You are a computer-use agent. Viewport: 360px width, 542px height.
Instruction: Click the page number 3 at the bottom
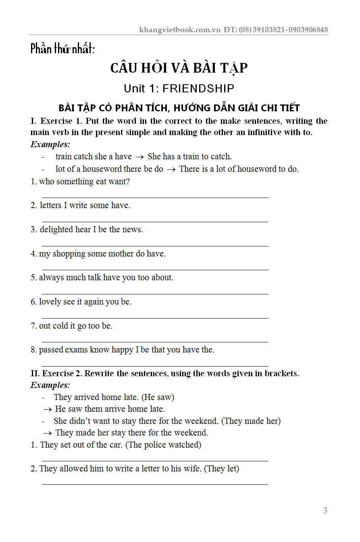click(325, 511)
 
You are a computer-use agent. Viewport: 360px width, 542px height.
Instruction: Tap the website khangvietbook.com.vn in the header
click(180, 29)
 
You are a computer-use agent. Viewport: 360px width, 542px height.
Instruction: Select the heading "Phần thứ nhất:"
click(62, 49)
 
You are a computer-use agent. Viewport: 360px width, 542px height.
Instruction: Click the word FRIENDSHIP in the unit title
click(198, 88)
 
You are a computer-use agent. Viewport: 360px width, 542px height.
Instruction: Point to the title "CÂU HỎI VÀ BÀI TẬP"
click(179, 68)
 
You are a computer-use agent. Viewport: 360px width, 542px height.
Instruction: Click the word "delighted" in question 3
click(56, 229)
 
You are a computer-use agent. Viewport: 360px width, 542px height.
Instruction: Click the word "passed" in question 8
click(51, 350)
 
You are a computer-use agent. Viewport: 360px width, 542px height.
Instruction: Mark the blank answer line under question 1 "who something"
click(155, 198)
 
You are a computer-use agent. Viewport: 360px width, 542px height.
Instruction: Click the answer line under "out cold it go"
click(155, 342)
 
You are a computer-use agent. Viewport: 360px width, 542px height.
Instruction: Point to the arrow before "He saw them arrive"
click(48, 409)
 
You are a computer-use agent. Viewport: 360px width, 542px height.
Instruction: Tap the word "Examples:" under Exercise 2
click(50, 385)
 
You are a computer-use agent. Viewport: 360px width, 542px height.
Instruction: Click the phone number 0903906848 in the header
click(308, 29)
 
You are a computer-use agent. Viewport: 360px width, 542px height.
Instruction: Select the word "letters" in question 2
click(51, 205)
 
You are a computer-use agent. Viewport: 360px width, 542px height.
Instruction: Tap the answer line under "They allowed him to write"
click(155, 484)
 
